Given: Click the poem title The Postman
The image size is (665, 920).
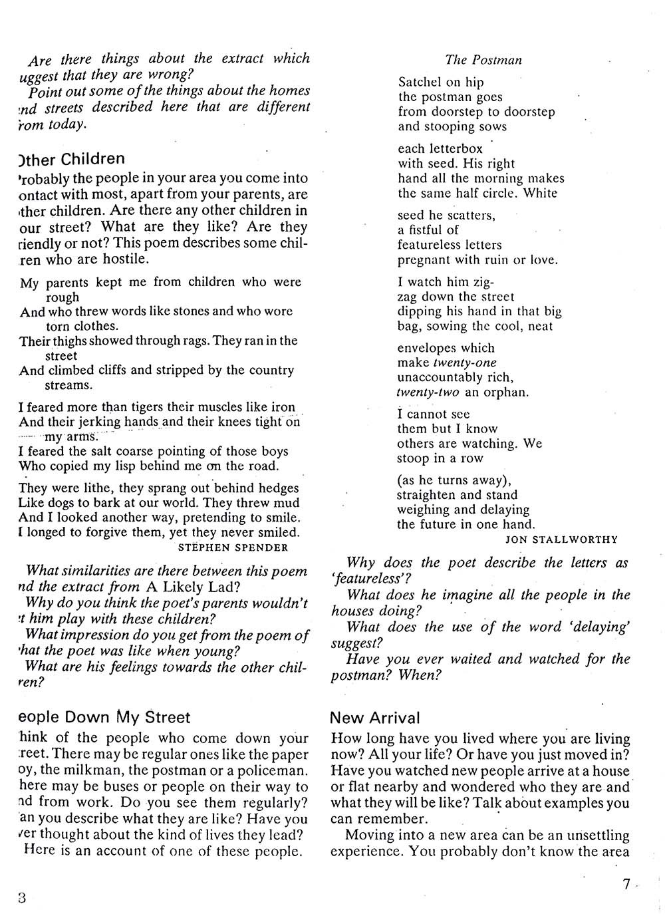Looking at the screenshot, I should coord(483,60).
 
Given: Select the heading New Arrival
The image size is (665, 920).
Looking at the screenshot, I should coord(375,718).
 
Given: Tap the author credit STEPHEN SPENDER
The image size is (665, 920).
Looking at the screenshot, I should coord(233,547).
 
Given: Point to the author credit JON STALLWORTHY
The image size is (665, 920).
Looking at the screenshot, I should coord(561,539).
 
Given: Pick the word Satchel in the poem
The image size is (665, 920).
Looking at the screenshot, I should coord(420,82).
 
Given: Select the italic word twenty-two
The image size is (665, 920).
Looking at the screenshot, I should coord(428,392).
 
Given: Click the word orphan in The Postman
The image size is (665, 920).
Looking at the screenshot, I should coord(506,392).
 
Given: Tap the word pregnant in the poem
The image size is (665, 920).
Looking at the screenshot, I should coord(424,259).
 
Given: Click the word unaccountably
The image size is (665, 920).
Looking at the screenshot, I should coord(440,377).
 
